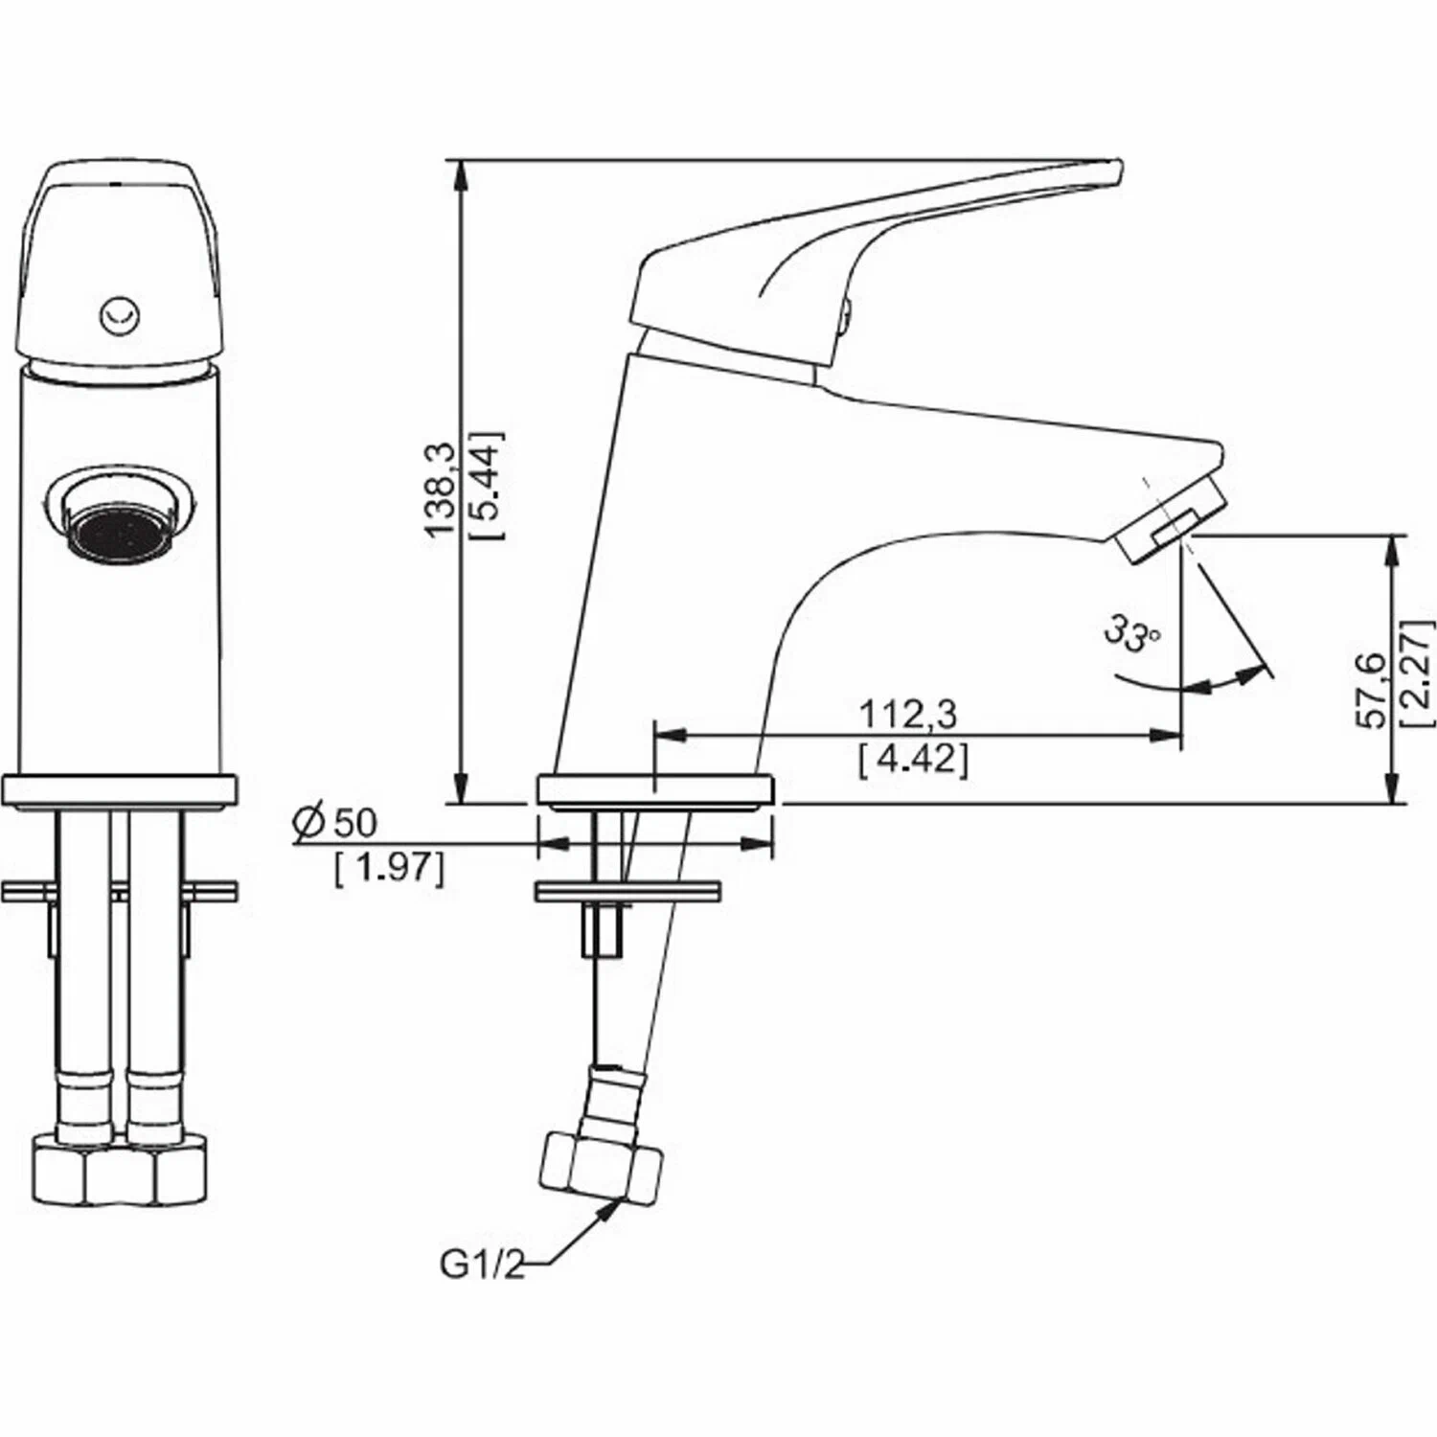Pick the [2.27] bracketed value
click(x=1419, y=673)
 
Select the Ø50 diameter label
click(x=335, y=823)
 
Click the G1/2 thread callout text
click(x=483, y=1265)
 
